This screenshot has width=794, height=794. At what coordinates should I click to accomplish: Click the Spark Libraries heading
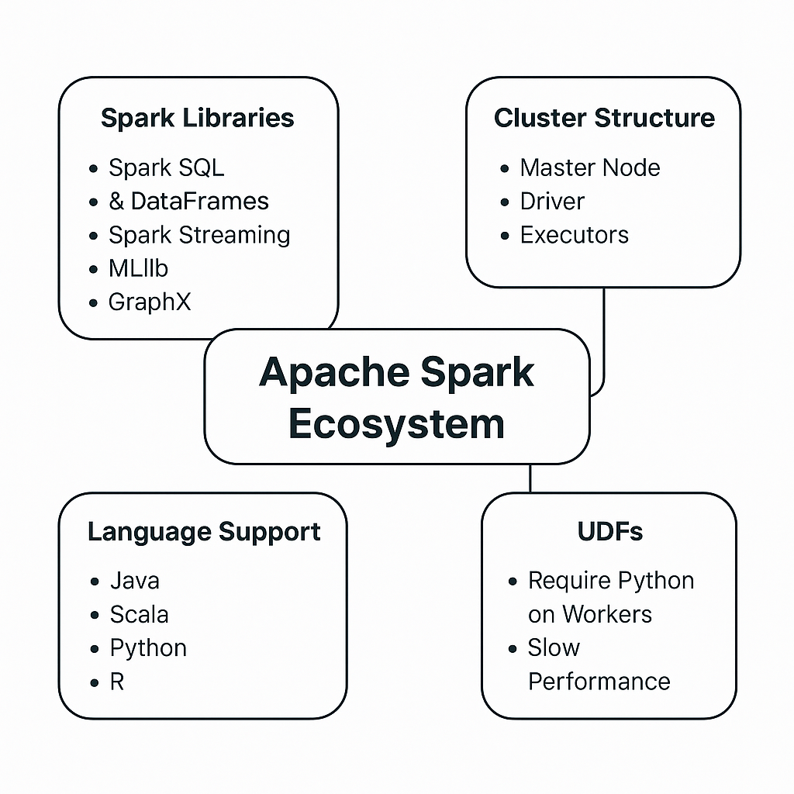[x=198, y=119]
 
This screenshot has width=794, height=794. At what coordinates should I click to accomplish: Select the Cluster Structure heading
[x=604, y=119]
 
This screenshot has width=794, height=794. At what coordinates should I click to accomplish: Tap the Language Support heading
[x=204, y=532]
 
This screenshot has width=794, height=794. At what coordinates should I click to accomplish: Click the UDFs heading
[x=610, y=532]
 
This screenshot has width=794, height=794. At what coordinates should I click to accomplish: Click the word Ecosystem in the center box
[x=396, y=424]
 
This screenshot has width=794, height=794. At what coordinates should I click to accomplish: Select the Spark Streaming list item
[x=199, y=235]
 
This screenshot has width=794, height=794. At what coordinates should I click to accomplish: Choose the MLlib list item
[x=138, y=268]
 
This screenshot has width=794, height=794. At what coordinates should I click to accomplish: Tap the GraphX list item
[x=149, y=302]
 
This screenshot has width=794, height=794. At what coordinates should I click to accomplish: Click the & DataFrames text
[x=188, y=202]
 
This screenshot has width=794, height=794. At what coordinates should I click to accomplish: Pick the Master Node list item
[x=590, y=167]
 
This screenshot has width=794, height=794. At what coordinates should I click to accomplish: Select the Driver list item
[x=552, y=202]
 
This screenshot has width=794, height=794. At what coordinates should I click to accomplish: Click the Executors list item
[x=574, y=235]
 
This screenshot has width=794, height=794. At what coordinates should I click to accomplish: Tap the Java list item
[x=135, y=581]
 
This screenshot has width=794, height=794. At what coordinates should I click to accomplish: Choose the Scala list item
[x=139, y=614]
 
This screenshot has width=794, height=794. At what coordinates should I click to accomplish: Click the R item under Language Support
[x=117, y=682]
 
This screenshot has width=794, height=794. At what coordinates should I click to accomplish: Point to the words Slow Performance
[x=598, y=665]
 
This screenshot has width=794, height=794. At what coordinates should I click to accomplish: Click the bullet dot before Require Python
[x=513, y=581]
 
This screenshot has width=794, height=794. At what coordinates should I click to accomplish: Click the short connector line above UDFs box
[x=530, y=478]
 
